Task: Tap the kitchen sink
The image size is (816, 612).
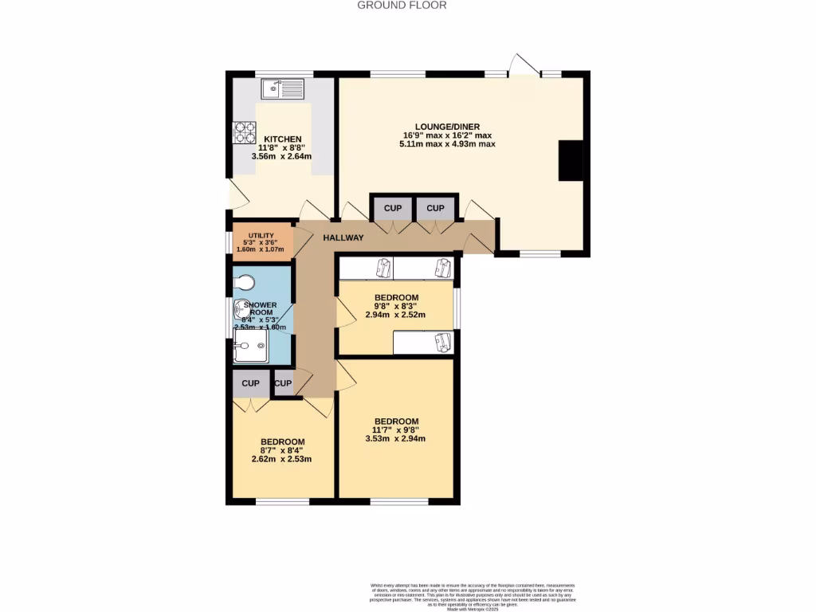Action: coord(284,88)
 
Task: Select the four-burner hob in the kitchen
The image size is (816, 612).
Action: coord(245,131)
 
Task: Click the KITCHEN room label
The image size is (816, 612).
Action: coord(283,139)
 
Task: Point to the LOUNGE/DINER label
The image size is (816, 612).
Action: coord(449,127)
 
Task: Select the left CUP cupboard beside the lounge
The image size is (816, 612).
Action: coord(393,208)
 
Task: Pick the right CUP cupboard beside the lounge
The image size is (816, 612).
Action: coord(435,208)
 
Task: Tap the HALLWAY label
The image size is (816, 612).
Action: coord(343,237)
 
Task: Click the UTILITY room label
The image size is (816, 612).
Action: coord(261,235)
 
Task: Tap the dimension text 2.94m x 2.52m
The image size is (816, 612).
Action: coord(395,314)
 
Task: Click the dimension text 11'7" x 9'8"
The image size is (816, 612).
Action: coord(395,430)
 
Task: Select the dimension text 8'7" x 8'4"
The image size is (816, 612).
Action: coord(282,450)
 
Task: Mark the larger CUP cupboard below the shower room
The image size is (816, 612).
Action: coord(250,383)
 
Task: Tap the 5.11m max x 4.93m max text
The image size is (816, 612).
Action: coord(449,144)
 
